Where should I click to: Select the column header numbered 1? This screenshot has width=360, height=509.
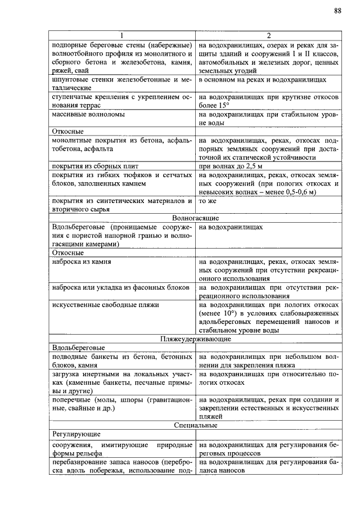[121, 35]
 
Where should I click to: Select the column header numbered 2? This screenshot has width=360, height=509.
[268, 35]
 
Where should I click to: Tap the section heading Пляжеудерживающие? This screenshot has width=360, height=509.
[195, 339]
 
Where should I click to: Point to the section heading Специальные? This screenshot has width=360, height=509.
[195, 425]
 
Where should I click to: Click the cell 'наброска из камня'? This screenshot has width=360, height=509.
[81, 262]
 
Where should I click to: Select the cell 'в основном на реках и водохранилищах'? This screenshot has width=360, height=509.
[262, 80]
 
